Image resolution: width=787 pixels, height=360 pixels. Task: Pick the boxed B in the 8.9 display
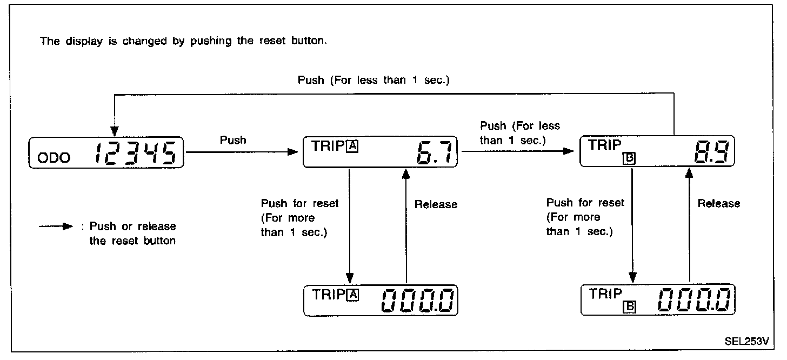click(629, 159)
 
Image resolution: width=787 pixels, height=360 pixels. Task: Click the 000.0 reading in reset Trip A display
click(418, 300)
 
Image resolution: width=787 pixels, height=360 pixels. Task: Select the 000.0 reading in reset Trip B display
click(696, 300)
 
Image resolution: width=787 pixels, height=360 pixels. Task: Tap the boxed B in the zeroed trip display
click(629, 307)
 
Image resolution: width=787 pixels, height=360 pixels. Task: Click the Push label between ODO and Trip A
click(233, 140)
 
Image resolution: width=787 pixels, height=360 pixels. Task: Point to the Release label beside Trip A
click(436, 204)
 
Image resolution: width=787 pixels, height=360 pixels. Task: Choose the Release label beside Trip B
click(718, 204)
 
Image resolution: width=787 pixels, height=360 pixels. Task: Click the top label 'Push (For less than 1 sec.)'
click(374, 80)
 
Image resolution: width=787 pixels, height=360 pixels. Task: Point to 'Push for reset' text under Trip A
click(299, 204)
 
